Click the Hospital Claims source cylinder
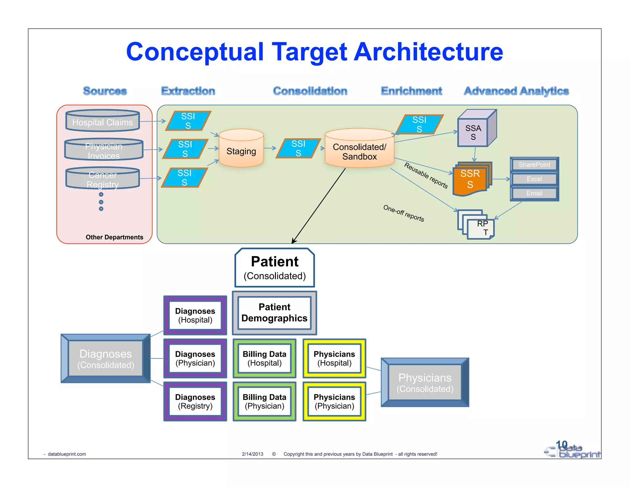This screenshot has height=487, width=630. click(x=102, y=121)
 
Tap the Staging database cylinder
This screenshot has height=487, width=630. click(x=241, y=149)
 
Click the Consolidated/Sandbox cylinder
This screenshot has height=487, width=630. click(x=359, y=150)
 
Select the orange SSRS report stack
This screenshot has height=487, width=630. click(x=471, y=179)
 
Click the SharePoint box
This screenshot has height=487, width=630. click(x=534, y=165)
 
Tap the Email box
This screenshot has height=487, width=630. click(x=534, y=193)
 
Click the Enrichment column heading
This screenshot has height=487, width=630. click(x=411, y=91)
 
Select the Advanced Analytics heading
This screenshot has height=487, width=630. click(x=516, y=91)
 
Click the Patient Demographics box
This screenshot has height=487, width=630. click(x=274, y=313)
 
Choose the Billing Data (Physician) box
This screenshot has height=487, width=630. click(x=265, y=401)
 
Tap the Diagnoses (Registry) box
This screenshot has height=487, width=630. click(x=195, y=401)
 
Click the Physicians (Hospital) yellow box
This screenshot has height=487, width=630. click(x=334, y=358)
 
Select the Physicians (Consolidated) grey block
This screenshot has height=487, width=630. click(x=425, y=383)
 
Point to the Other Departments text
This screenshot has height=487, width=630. click(x=114, y=237)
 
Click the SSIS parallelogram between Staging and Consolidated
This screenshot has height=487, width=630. click(x=298, y=148)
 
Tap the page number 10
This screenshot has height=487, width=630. click(x=561, y=445)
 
